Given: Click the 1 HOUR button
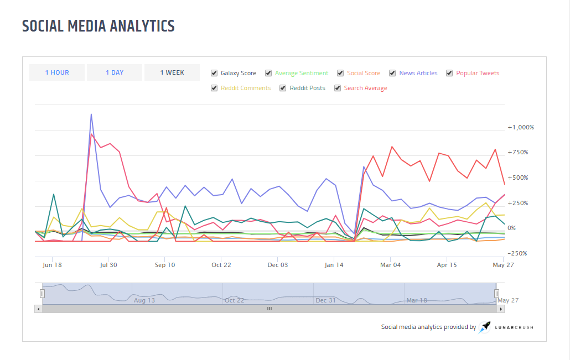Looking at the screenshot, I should click(x=57, y=72).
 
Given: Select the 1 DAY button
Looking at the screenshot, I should click(x=115, y=72).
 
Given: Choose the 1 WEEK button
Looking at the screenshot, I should click(x=172, y=72).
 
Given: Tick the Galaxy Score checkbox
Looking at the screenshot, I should click(x=214, y=73).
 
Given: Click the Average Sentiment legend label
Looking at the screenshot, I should click(x=301, y=73).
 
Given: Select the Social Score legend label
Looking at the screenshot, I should click(x=364, y=73).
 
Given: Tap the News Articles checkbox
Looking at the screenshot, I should click(x=392, y=73).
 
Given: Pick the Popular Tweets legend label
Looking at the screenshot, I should click(x=478, y=73).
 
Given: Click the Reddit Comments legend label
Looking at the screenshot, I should click(x=246, y=88).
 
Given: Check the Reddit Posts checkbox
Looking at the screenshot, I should click(x=283, y=88).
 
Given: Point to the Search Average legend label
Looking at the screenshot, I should click(x=365, y=88).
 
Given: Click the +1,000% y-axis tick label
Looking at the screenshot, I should click(x=521, y=127).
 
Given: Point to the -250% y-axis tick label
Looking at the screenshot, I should click(x=517, y=253).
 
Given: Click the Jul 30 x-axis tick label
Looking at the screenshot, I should click(x=108, y=265).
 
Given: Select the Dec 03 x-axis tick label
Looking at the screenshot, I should click(x=278, y=265).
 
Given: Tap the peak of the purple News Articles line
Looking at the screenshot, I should click(x=91, y=114).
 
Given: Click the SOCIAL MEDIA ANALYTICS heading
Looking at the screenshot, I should click(x=98, y=26).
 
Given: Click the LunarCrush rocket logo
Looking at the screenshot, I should click(x=485, y=327).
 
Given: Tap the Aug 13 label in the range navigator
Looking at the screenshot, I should click(x=144, y=300).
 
